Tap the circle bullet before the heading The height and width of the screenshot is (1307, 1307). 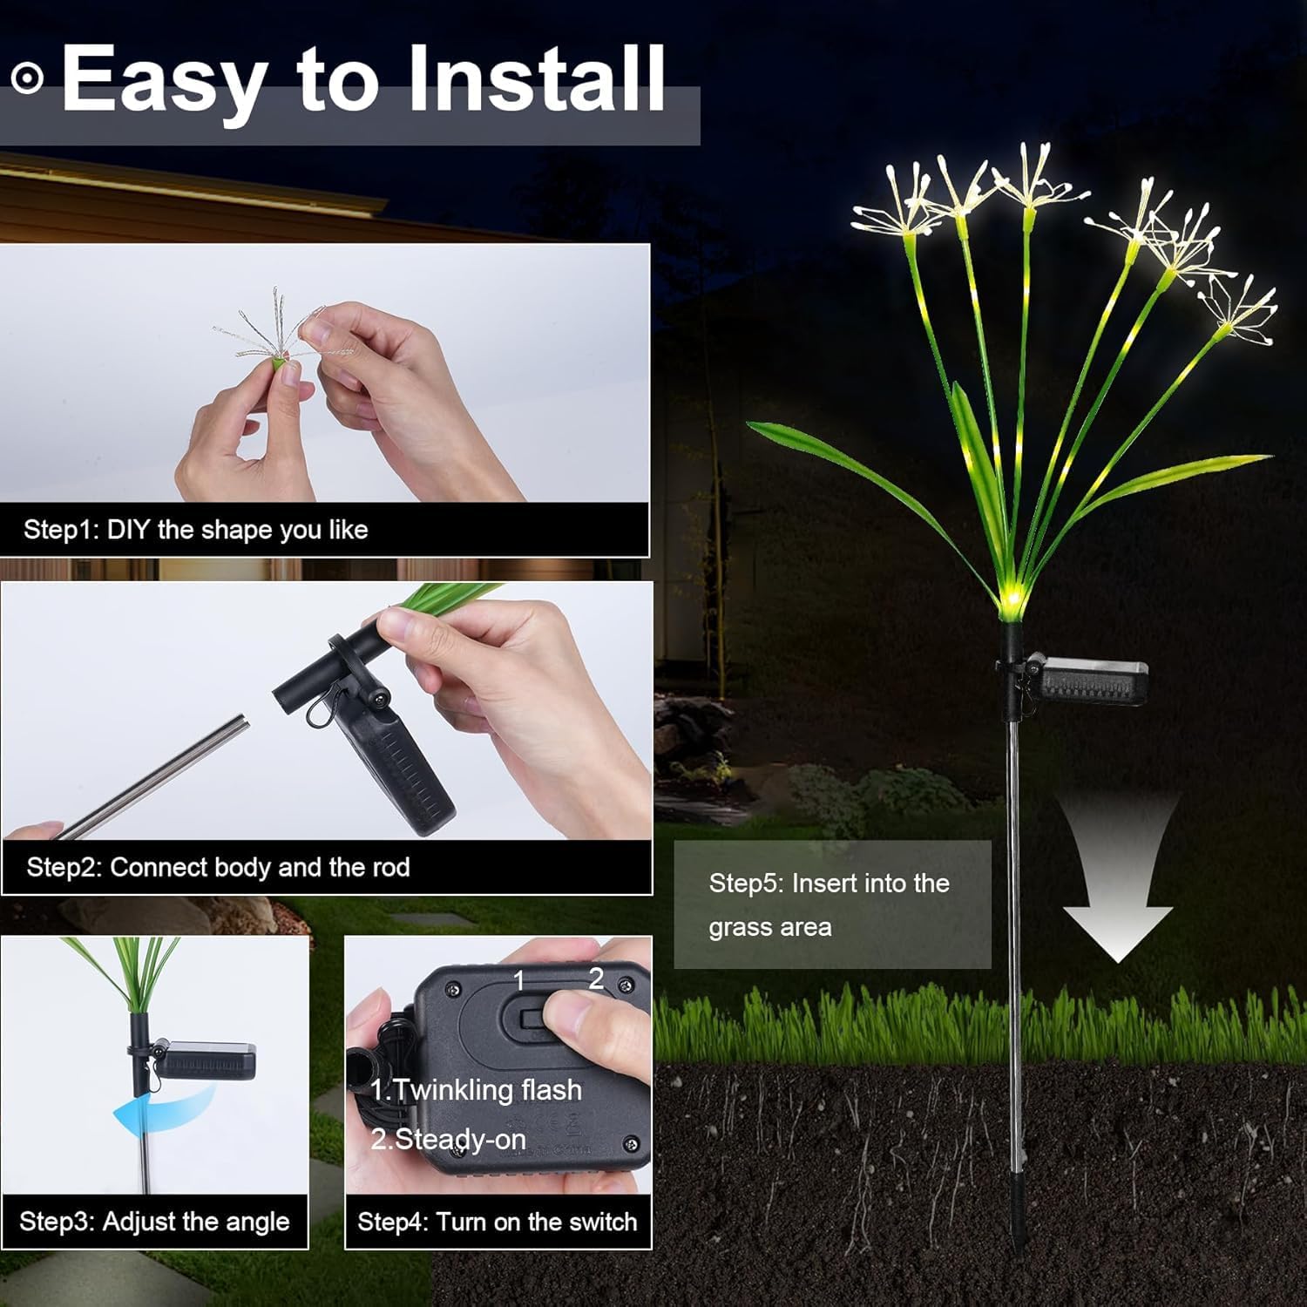click(x=27, y=78)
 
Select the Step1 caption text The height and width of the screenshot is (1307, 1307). click(x=195, y=530)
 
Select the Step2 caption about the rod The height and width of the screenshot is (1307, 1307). click(x=218, y=867)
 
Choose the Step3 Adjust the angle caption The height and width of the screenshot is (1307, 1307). click(x=154, y=1222)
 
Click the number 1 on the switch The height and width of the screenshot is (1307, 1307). click(x=519, y=982)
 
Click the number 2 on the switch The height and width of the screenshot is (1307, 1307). click(x=596, y=979)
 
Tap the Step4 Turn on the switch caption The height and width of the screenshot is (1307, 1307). click(x=497, y=1222)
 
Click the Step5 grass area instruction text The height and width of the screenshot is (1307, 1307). click(x=828, y=904)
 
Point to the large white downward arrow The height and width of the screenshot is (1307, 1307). click(x=1118, y=897)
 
